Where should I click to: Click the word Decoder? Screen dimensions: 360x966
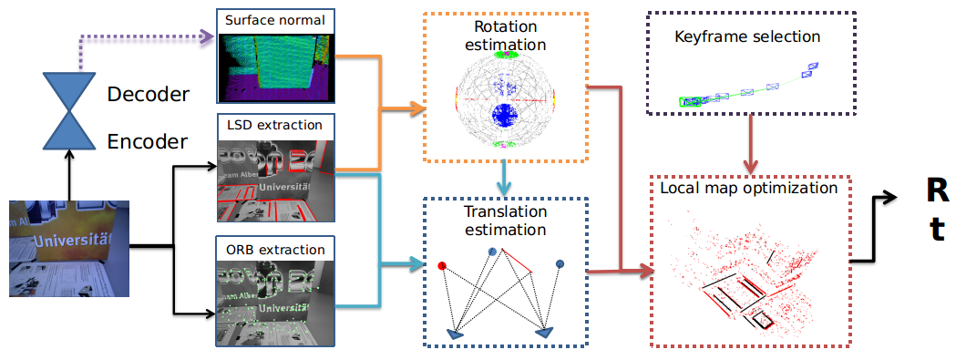pyautogui.click(x=148, y=95)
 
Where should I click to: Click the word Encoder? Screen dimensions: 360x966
pyautogui.click(x=148, y=141)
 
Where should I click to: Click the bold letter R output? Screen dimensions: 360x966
pyautogui.click(x=936, y=190)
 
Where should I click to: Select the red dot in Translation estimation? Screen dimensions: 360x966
pyautogui.click(x=442, y=266)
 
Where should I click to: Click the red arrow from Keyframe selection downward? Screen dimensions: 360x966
pyautogui.click(x=749, y=146)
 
